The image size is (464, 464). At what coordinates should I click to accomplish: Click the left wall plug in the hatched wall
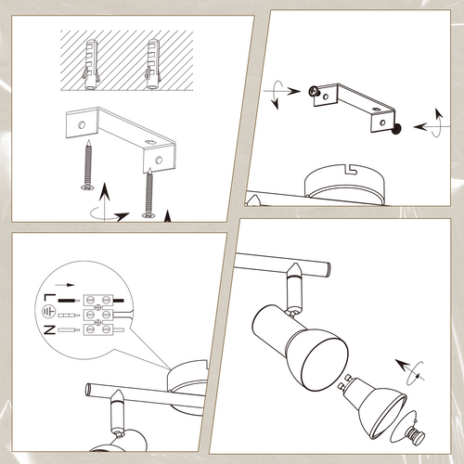point(91,64)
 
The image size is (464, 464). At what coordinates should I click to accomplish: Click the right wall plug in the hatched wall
point(153,64)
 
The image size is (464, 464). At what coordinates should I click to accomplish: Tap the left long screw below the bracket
point(88,164)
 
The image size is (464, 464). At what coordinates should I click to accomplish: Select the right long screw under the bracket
point(149,193)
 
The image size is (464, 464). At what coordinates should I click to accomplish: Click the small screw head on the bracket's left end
point(314,91)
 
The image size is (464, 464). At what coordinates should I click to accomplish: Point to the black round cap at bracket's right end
point(396,129)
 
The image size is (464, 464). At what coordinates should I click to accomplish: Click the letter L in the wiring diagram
point(49,298)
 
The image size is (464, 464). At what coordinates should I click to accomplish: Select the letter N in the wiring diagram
point(49,329)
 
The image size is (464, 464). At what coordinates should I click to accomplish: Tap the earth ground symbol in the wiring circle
point(48,312)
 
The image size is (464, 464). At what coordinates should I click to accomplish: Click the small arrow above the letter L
point(65,285)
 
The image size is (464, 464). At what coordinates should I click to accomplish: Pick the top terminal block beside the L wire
point(98,300)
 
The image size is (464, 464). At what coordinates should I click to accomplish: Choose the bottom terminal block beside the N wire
point(98,329)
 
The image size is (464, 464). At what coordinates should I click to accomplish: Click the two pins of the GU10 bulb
point(345,381)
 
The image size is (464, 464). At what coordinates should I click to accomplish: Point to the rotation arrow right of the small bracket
point(432,123)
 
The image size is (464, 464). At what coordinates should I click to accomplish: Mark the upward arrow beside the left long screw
point(106,201)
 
